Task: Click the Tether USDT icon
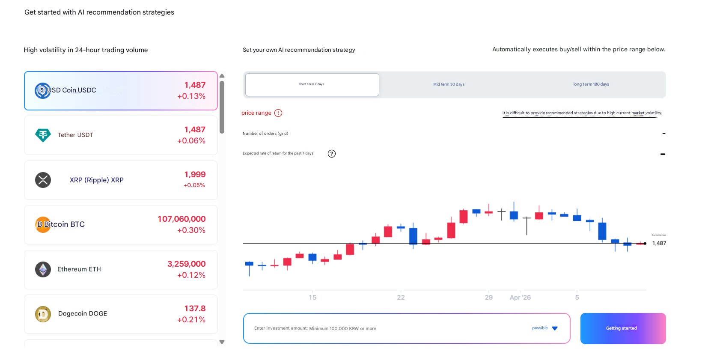43,135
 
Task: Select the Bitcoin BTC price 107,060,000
181,219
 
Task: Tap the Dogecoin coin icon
43,314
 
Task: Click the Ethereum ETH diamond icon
43,269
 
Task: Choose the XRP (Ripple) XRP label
96,180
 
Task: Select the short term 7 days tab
312,84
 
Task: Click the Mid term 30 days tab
449,84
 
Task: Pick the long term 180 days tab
591,84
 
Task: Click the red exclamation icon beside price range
278,113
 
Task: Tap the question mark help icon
332,154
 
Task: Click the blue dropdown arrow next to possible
555,328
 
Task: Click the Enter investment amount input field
385,328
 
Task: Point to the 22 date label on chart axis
401,298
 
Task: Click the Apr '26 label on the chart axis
520,298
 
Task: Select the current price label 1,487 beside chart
659,243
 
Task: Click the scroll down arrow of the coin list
222,342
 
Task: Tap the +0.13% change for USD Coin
191,96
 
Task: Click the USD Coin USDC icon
42,90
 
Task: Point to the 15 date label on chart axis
312,298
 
